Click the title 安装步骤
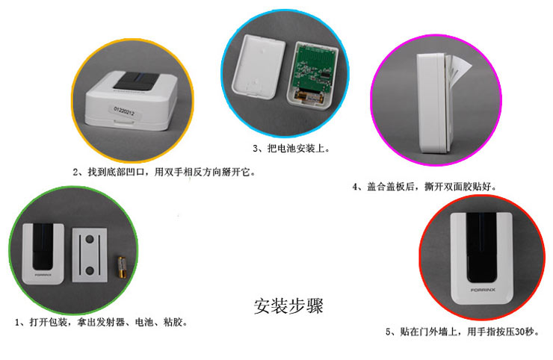coord(288,305)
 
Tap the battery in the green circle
coord(122,267)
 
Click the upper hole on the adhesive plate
coord(90,240)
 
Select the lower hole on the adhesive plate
coord(90,270)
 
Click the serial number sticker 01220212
coord(124,111)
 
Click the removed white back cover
coord(259,66)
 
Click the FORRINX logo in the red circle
coord(483,290)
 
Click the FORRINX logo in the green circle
coord(43,275)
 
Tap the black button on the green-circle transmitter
coord(43,246)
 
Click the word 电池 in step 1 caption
coord(144,322)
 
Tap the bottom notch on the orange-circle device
coord(124,121)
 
